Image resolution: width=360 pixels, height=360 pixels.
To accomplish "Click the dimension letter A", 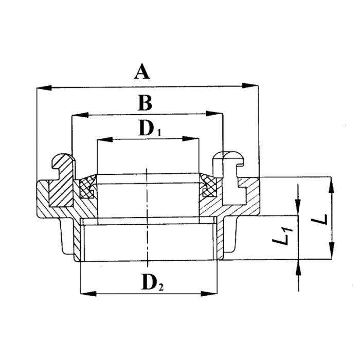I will (141, 71).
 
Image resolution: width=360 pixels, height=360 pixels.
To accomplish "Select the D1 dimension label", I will (150, 129).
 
